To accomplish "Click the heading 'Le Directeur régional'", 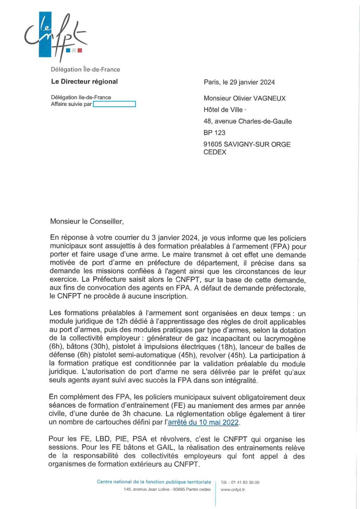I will click(84, 81).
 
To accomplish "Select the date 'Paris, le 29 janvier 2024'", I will click(239, 82).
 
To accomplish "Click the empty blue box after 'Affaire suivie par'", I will click(114, 104).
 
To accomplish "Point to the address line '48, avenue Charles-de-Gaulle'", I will click(248, 121).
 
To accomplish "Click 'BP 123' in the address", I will click(214, 132).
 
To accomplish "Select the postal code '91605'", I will click(212, 144).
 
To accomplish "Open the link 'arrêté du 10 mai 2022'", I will click(204, 422).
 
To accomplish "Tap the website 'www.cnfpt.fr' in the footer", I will click(232, 489).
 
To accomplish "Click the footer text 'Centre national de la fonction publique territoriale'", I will click(154, 482).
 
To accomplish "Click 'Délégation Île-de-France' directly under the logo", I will click(85, 69).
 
